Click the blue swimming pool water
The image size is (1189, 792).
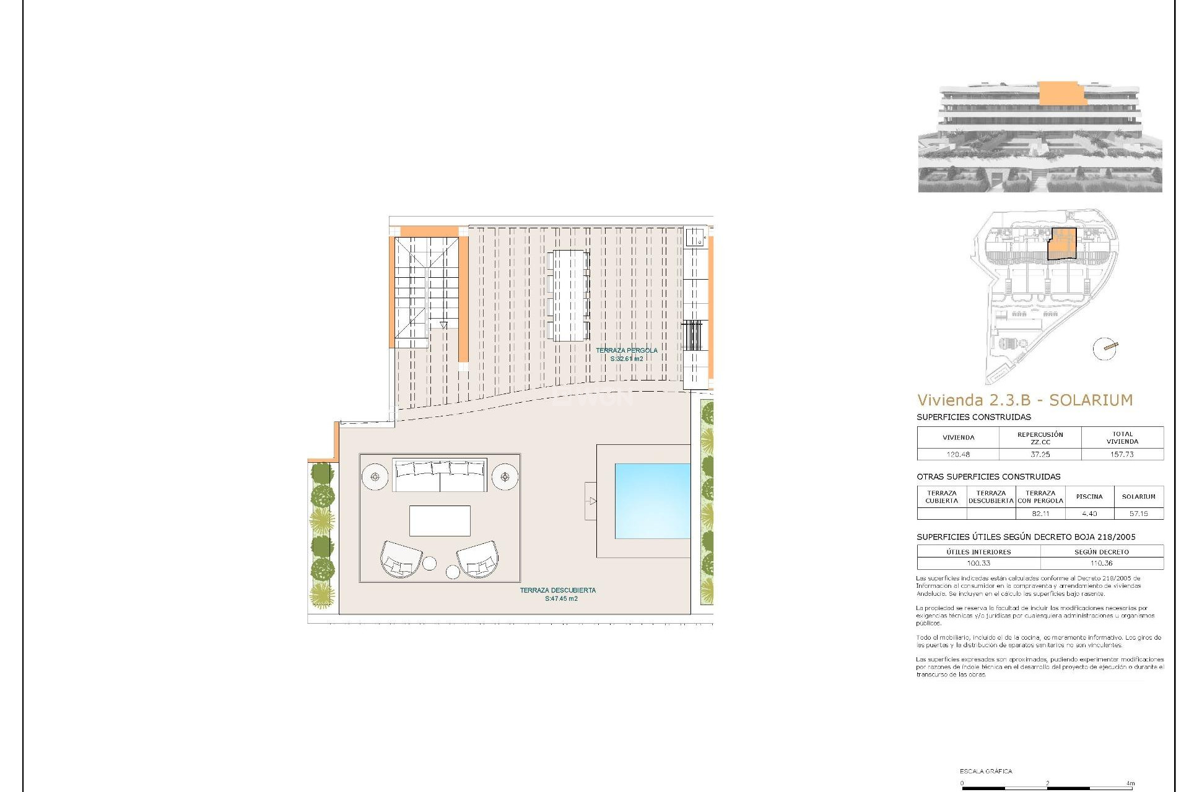pos(652,501)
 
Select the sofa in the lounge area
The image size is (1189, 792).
pos(440,475)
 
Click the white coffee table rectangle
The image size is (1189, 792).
pos(440,520)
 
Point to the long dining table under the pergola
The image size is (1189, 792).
pos(568,295)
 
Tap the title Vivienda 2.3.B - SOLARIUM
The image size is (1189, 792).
pos(1024,400)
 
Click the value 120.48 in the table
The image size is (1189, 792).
pos(958,454)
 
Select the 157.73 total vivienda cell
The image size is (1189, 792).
pos(1122,454)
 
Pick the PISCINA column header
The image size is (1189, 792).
pos(1089,497)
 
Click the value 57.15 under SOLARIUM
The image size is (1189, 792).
pos(1138,514)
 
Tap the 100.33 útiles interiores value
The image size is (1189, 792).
pos(978,563)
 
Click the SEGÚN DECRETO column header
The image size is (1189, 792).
pos(1102,552)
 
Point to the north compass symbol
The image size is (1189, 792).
pos(1105,348)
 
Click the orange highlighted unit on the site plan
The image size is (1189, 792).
pos(1062,244)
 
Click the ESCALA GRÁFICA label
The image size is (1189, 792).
pos(986,771)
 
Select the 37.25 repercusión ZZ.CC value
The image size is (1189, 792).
pos(1040,454)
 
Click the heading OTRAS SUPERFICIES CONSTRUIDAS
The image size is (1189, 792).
pos(988,477)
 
